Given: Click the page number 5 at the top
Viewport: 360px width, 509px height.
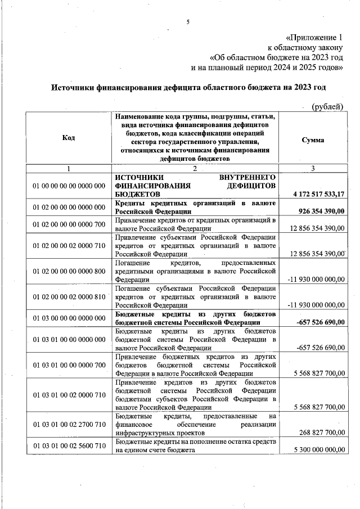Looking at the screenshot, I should (188, 22).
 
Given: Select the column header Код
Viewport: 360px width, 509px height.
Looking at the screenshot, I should (69, 138).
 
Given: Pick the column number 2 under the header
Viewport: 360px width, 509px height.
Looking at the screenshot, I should (195, 169).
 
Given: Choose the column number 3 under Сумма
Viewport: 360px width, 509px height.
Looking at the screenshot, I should (313, 169).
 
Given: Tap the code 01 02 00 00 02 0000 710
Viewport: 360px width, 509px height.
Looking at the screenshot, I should (69, 246).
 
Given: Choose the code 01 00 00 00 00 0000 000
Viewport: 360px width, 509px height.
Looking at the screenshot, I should (69, 185).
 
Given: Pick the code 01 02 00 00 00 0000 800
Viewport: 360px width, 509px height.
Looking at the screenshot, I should (69, 271).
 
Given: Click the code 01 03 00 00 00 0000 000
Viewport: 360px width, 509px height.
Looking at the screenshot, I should (69, 318).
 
